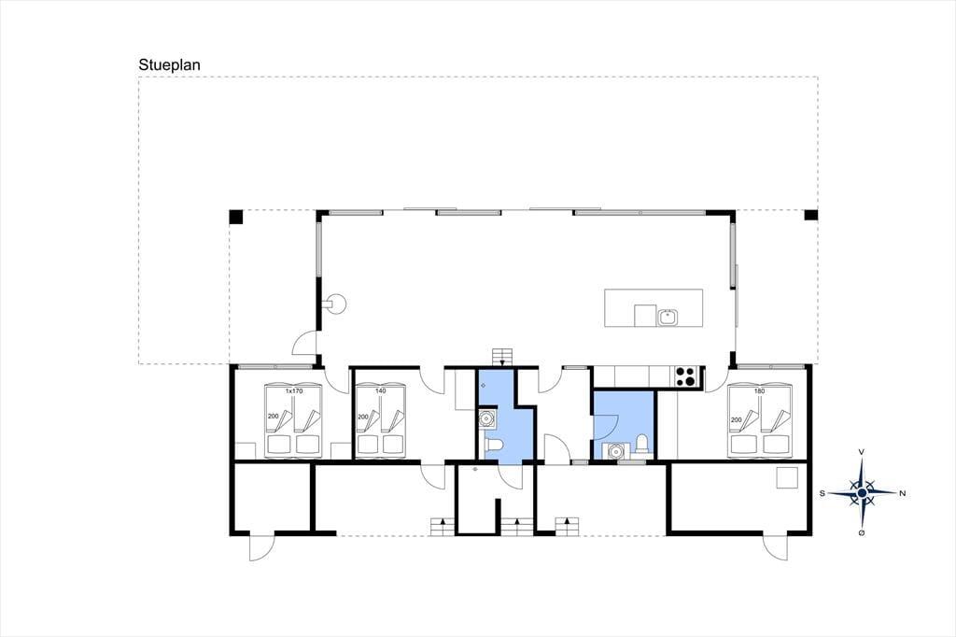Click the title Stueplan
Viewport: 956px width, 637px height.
pyautogui.click(x=170, y=65)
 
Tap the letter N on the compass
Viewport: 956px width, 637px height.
pyautogui.click(x=903, y=493)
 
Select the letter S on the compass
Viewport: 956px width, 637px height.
pyautogui.click(x=822, y=493)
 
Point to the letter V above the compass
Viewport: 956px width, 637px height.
pyautogui.click(x=861, y=451)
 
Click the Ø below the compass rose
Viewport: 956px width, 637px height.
pyautogui.click(x=862, y=533)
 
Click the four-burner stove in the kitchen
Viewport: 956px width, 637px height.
pyautogui.click(x=686, y=376)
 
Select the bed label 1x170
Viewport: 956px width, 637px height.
pyautogui.click(x=294, y=390)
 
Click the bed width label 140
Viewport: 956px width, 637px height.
pyautogui.click(x=381, y=390)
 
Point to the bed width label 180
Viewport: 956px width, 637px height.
pyautogui.click(x=760, y=390)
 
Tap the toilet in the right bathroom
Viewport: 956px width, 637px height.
pyautogui.click(x=641, y=444)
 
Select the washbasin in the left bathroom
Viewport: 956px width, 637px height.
pyautogui.click(x=486, y=419)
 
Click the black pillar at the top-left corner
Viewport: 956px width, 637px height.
pyautogui.click(x=236, y=217)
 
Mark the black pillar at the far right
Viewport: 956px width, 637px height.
pyautogui.click(x=811, y=216)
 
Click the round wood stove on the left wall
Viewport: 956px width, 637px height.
pyautogui.click(x=335, y=303)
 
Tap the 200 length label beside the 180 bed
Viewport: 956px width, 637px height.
pyautogui.click(x=737, y=419)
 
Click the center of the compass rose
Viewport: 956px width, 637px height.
pyautogui.click(x=862, y=492)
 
